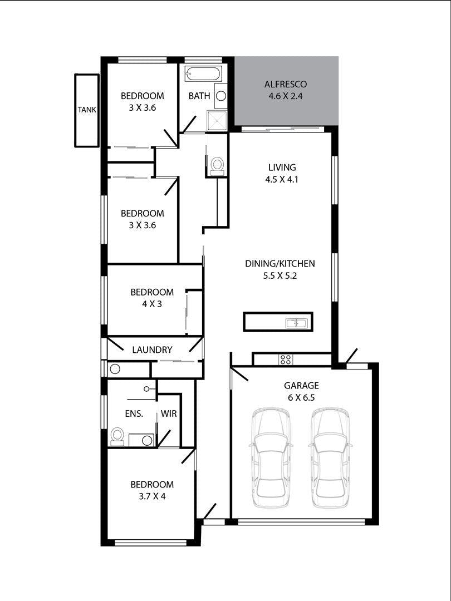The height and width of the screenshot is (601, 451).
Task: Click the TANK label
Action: click(x=87, y=110)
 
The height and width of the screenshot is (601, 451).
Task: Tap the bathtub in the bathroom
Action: click(x=203, y=73)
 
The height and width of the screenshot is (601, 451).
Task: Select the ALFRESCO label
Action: click(x=286, y=85)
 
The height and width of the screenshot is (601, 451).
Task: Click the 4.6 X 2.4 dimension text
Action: click(x=286, y=96)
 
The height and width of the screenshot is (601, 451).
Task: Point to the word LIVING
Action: click(x=282, y=167)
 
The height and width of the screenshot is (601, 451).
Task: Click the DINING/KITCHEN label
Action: click(x=280, y=264)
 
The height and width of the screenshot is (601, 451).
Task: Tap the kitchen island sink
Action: click(x=296, y=323)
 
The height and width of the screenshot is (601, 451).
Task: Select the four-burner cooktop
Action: click(x=286, y=359)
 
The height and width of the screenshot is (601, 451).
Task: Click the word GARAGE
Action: click(x=301, y=386)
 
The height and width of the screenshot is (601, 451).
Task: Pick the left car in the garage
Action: click(x=271, y=457)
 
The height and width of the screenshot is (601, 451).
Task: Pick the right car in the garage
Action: click(x=330, y=457)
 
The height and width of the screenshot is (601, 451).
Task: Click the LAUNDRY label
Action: click(x=152, y=349)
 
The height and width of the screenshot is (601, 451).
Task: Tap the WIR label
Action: click(x=169, y=413)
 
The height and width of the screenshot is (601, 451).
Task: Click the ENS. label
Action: click(x=134, y=413)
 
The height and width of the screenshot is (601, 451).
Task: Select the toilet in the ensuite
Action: click(x=117, y=437)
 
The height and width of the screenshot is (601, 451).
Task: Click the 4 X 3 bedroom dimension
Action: click(x=152, y=304)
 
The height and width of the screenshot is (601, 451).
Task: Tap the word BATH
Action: click(x=199, y=96)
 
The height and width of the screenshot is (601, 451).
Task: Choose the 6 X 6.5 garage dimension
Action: click(x=301, y=397)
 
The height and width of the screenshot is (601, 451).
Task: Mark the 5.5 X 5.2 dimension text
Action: click(x=280, y=275)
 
